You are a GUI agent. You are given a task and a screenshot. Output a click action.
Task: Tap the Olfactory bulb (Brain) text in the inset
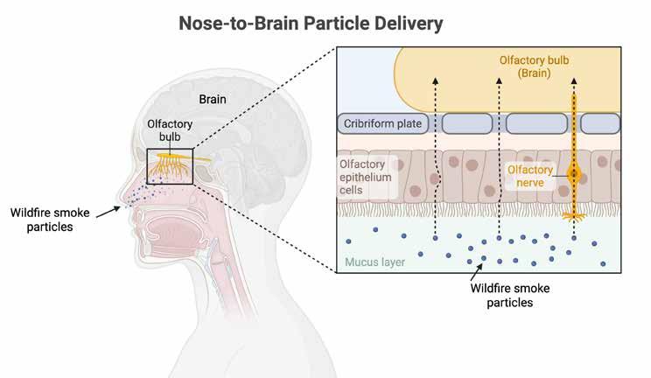click(536, 67)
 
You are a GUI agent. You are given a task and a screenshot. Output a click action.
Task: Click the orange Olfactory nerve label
click(533, 175)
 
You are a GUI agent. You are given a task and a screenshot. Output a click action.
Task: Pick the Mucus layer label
click(375, 261)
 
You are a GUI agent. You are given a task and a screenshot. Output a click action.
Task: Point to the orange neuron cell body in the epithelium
click(574, 175)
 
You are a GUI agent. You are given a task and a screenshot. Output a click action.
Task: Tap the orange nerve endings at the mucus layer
click(574, 213)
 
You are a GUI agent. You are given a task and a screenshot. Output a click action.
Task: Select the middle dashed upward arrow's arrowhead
click(499, 80)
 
